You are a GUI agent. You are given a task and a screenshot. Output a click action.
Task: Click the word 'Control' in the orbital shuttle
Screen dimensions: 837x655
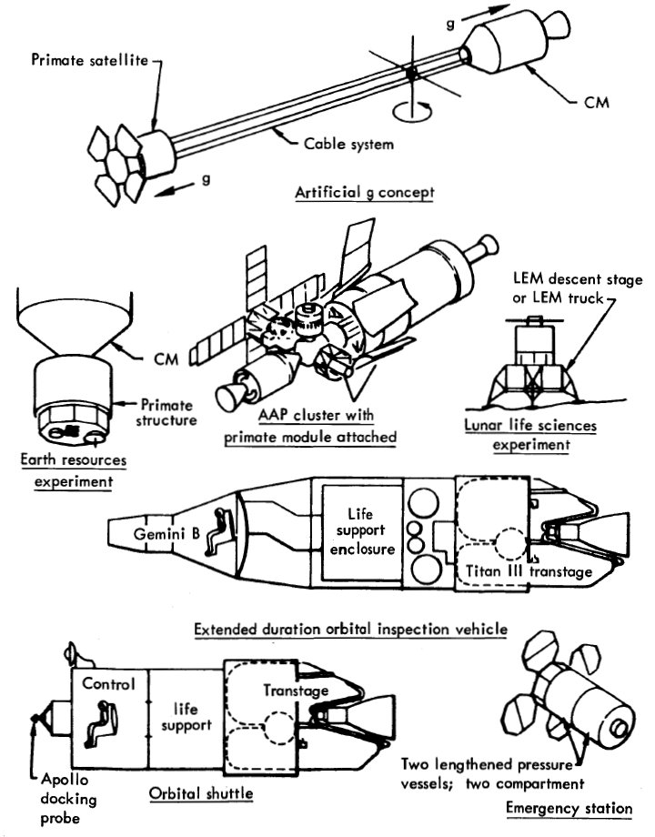(x=108, y=683)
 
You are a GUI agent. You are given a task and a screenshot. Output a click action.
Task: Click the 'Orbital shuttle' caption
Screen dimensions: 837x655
(x=199, y=792)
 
